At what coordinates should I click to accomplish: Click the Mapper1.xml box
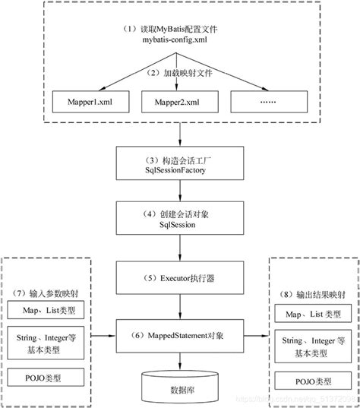(x=86, y=101)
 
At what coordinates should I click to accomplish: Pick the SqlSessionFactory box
(x=180, y=165)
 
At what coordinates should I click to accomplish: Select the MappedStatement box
(x=180, y=334)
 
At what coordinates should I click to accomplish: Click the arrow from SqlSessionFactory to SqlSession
(x=180, y=190)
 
